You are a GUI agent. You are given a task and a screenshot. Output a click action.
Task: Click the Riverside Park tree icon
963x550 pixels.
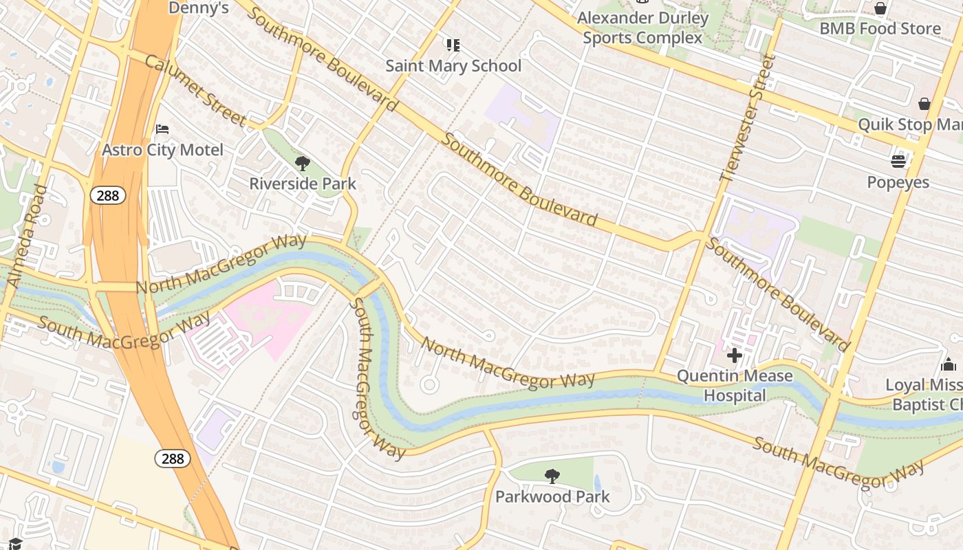(302, 164)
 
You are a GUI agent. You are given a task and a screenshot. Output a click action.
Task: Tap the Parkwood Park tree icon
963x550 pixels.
(552, 476)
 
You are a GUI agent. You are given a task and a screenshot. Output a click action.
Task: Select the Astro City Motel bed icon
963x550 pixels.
(162, 129)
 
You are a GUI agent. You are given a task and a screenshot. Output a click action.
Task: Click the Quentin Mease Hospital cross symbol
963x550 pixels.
(735, 355)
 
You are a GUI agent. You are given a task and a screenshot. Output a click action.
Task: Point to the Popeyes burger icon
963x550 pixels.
(898, 162)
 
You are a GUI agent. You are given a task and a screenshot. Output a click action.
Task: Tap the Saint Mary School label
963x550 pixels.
(453, 66)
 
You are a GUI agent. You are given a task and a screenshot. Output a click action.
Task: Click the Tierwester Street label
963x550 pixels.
(747, 118)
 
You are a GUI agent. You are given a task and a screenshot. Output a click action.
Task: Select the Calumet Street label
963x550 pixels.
(195, 90)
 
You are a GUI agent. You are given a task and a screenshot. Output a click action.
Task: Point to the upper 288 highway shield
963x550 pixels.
(108, 196)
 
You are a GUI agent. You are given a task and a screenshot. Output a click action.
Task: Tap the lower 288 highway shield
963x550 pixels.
(172, 458)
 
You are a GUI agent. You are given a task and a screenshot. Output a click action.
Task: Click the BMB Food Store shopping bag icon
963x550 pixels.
(880, 8)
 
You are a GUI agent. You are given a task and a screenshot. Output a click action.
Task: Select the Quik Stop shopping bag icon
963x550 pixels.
(924, 104)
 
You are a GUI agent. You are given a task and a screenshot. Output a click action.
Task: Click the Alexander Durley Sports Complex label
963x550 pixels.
(642, 27)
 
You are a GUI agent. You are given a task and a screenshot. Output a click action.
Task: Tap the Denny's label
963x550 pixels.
(198, 8)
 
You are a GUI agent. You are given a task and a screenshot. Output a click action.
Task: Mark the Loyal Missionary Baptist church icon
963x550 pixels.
(949, 364)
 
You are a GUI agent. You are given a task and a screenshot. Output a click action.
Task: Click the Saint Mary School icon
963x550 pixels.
(453, 45)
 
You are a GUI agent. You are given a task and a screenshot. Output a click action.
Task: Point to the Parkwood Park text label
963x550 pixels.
(552, 496)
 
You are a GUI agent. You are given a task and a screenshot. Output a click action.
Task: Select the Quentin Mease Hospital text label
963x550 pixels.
(735, 386)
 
